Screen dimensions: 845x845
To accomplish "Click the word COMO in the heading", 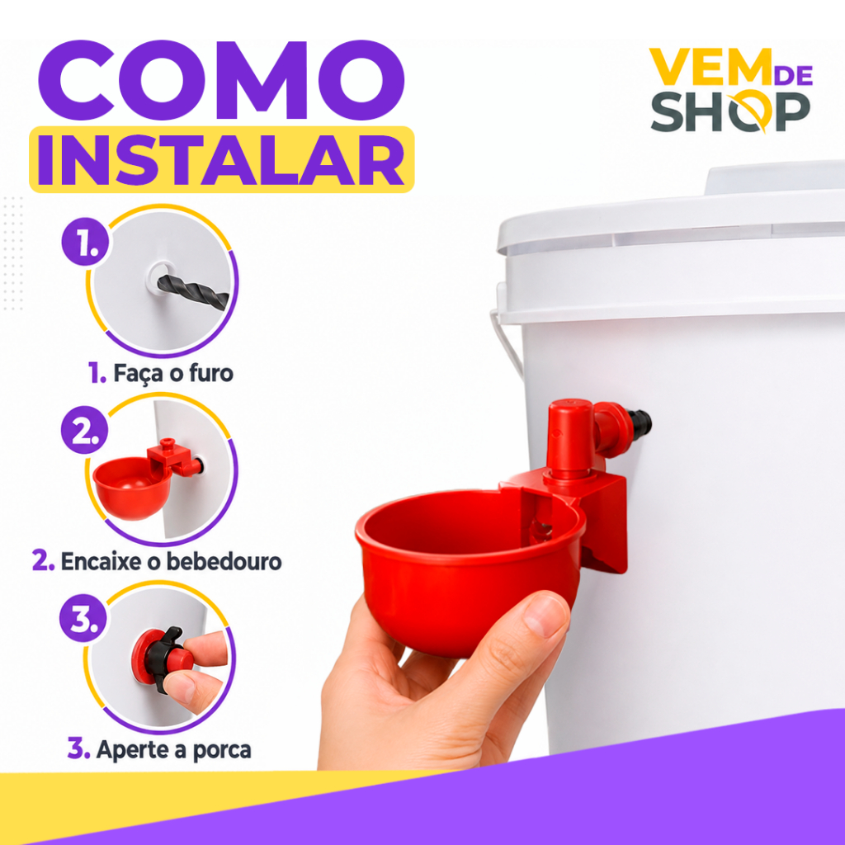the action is pyautogui.click(x=221, y=80).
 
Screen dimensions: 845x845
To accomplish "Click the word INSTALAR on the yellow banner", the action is pyautogui.click(x=221, y=160).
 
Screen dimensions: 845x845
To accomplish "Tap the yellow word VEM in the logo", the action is pyautogui.click(x=710, y=67).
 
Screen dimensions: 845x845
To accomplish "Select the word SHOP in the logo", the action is pyautogui.click(x=730, y=111).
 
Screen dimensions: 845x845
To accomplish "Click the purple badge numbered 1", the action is pyautogui.click(x=85, y=241).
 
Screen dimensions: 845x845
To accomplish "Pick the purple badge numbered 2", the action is pyautogui.click(x=85, y=429).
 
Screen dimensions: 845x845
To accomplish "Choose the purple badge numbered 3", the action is pyautogui.click(x=83, y=618).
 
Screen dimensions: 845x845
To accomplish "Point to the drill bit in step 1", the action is pyautogui.click(x=193, y=291).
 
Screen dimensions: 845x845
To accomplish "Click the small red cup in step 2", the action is pyautogui.click(x=132, y=487).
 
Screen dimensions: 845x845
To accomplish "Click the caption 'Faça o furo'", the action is pyautogui.click(x=161, y=373).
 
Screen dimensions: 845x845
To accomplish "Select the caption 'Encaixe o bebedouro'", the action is pyautogui.click(x=157, y=561).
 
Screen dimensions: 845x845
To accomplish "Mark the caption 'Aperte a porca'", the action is pyautogui.click(x=159, y=749).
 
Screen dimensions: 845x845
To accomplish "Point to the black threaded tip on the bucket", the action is pyautogui.click(x=641, y=422).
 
